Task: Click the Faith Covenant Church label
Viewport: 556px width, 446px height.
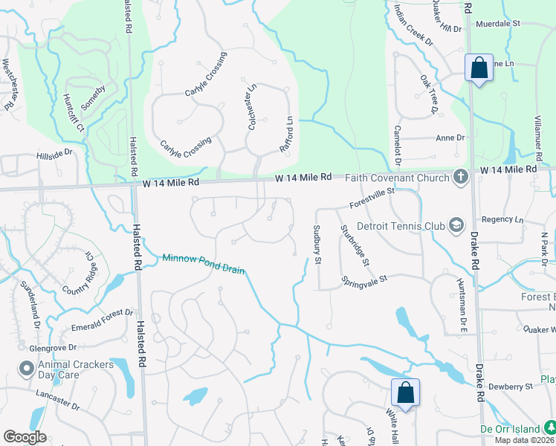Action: (x=399, y=177)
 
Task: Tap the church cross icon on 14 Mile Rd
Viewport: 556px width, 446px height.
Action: (x=460, y=177)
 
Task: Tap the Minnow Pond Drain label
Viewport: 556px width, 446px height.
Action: (x=204, y=263)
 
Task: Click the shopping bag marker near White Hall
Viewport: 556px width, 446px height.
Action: (x=406, y=392)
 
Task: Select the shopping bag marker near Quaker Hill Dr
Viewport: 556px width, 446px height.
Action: (x=479, y=68)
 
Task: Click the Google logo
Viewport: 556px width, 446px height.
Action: (x=25, y=437)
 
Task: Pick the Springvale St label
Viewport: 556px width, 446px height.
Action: (x=366, y=280)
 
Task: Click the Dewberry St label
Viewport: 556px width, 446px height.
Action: (x=511, y=387)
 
